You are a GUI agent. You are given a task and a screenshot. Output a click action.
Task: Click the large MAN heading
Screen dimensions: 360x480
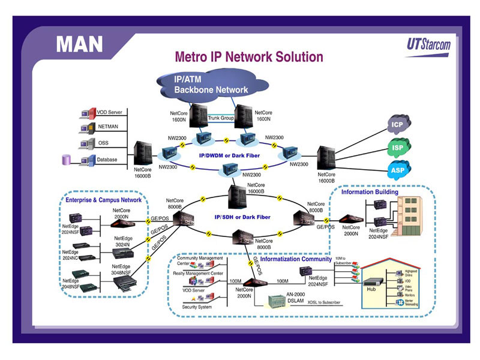[x=79, y=44]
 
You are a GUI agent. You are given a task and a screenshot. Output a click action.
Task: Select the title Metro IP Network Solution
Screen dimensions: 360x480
[x=248, y=58]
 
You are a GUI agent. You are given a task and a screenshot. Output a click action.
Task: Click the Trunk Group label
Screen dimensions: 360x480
[x=220, y=118]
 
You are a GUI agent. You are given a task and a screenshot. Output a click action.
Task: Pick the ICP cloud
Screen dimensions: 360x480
[x=397, y=125]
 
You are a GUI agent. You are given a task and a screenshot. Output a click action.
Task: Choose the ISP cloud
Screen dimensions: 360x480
[x=397, y=147]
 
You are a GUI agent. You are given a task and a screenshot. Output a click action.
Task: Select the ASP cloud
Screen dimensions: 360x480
[x=397, y=170]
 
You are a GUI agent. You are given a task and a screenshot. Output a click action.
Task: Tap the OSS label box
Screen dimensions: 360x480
[x=104, y=143]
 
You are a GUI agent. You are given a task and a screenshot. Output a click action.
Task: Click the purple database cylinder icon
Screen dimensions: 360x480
[x=67, y=160]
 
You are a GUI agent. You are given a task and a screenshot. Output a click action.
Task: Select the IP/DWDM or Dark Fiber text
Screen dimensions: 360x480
[x=229, y=155]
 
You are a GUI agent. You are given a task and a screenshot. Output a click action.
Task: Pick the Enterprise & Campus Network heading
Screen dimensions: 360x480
[x=103, y=200]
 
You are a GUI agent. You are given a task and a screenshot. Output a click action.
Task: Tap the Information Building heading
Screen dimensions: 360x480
[x=369, y=193]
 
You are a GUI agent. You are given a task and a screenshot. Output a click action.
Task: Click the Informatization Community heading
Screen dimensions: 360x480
[x=296, y=259]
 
